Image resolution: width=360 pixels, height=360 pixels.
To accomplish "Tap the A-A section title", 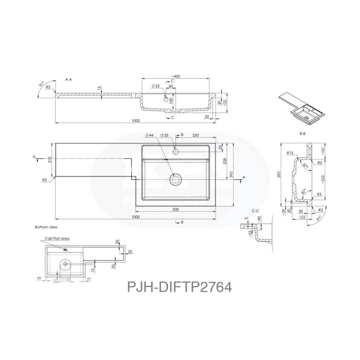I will (69, 80).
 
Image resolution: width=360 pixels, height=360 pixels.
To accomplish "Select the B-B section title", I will (302, 134).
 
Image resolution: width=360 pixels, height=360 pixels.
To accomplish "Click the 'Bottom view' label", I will (46, 227).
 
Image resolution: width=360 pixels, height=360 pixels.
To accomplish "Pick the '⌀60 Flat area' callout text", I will (57, 238).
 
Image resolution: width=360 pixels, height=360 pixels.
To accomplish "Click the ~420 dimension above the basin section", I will (175, 76).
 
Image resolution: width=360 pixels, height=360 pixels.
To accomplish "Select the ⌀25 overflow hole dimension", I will (155, 86).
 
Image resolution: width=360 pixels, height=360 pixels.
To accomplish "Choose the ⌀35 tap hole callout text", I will (164, 135).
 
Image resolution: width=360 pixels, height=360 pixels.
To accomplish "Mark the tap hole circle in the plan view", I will (175, 152).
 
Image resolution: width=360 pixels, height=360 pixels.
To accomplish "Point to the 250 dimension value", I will (195, 135).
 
